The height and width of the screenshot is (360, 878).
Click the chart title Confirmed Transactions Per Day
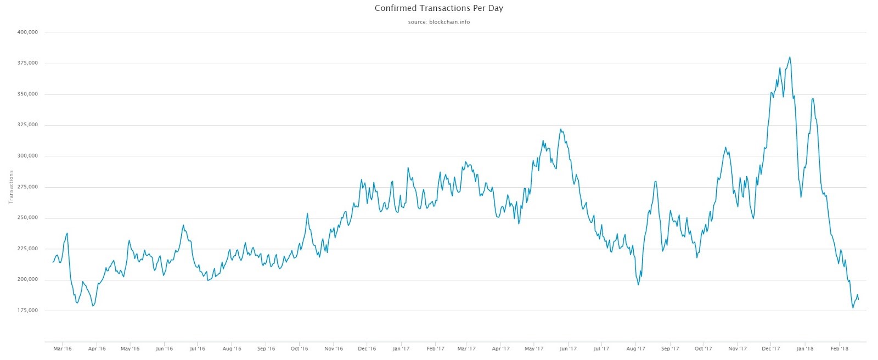438,8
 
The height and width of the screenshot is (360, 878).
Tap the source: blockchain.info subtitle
438,22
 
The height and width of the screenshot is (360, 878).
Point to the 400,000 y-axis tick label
27,32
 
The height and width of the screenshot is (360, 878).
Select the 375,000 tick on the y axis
27,63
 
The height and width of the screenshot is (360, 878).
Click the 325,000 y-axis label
27,125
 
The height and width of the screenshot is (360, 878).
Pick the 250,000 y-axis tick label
27,218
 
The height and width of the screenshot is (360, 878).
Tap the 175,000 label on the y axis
27,311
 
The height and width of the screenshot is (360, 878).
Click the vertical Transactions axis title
10,187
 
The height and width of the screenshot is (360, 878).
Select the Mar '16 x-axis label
63,348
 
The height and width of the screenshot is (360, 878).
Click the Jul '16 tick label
197,348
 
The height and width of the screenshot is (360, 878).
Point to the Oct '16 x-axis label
299,348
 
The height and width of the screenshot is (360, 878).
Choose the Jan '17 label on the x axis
401,348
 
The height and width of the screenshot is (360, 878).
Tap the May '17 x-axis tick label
534,348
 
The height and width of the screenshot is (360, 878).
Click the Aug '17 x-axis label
635,348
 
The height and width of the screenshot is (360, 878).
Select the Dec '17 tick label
770,348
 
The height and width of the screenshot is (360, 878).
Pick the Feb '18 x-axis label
839,348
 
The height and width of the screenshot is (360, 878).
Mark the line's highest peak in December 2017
790,57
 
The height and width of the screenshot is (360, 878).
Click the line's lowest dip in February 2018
853,308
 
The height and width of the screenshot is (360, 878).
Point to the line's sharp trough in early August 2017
638,284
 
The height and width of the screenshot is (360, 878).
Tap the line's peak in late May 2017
560,130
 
